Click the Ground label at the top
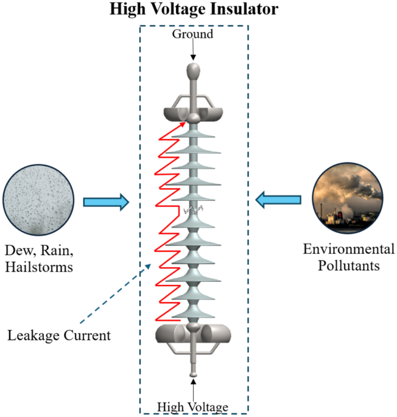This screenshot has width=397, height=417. tap(192, 34)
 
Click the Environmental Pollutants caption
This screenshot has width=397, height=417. tap(350, 257)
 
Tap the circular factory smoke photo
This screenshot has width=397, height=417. tap(349, 200)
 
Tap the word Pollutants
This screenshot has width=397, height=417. tap(350, 265)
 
